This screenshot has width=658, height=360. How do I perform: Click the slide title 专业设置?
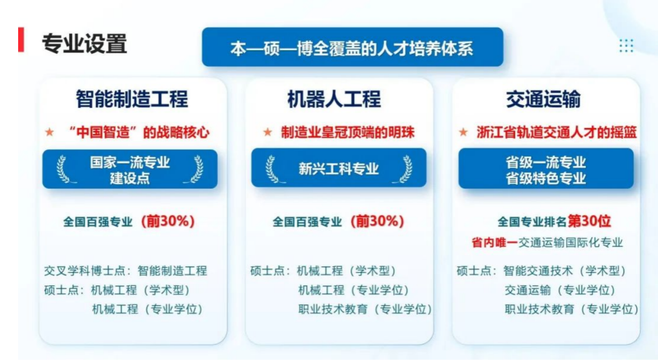coord(85,44)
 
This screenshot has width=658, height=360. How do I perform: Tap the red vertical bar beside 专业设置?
coord(21,39)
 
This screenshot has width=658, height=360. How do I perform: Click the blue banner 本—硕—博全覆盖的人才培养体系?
coord(353,47)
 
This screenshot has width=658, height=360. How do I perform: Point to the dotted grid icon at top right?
coord(626,46)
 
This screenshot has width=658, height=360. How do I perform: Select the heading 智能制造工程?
coord(132,99)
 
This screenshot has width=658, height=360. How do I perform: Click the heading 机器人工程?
coord(334,99)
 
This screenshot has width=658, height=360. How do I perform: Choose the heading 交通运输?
coord(543,99)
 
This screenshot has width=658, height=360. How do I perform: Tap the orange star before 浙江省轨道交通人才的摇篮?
coord(463,132)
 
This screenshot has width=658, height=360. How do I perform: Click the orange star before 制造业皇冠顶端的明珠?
coord(268,132)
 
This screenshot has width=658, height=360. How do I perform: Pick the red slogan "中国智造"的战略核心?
coord(138,133)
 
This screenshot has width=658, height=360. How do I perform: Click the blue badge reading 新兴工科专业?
coord(339,168)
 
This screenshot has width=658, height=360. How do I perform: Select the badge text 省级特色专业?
coord(546,178)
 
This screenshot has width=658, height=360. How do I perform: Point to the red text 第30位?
coord(589,221)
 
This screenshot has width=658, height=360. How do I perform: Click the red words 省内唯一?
coord(495,243)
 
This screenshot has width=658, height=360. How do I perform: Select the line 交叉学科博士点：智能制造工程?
coord(125,271)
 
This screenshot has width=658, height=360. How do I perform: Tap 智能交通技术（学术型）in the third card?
coord(565,271)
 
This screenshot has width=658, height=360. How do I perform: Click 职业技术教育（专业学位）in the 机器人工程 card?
coord(365,309)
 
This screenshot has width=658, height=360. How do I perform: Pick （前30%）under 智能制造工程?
coord(168,221)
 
